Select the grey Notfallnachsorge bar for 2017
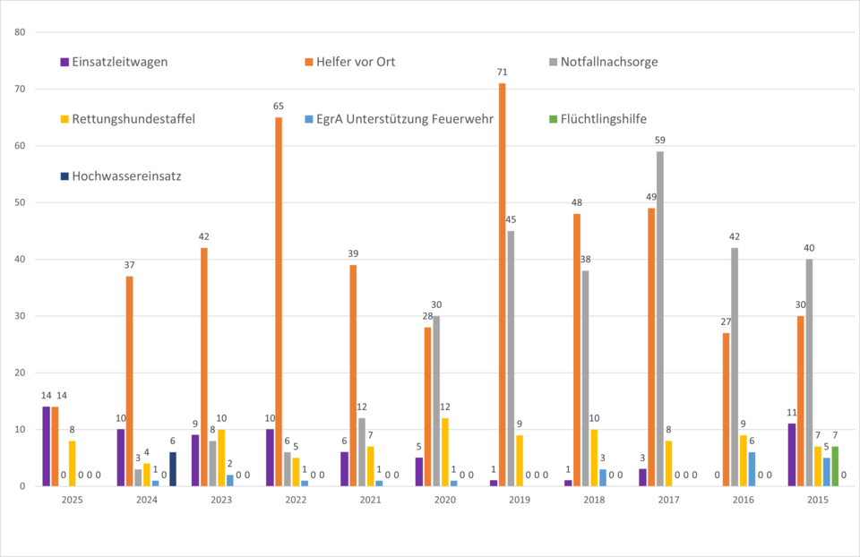tap(660, 319)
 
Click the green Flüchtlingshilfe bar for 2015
tap(836, 467)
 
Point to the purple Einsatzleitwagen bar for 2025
tap(46, 447)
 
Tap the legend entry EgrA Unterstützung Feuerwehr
tap(399, 119)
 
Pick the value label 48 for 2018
tap(577, 202)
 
